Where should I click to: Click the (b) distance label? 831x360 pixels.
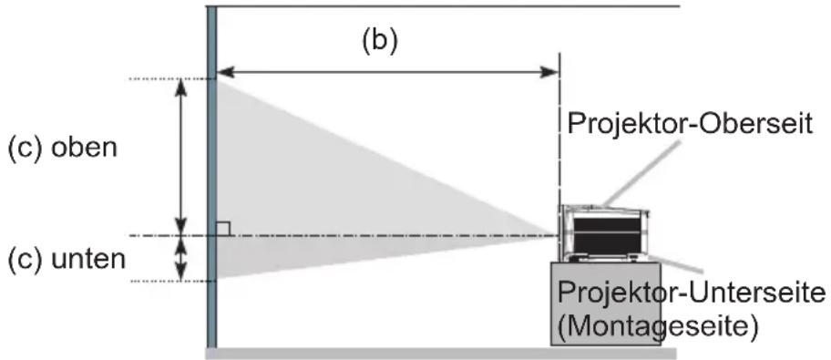[x=379, y=42]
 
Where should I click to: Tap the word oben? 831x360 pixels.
[x=84, y=148]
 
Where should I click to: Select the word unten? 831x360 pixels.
[x=88, y=260]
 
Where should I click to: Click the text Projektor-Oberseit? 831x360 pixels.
[x=690, y=124]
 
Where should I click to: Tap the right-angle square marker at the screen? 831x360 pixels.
[x=223, y=229]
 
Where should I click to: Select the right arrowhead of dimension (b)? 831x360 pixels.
[x=549, y=73]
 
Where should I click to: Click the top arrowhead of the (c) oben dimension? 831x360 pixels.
[x=181, y=88]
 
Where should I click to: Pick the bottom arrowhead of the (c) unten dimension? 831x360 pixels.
[x=181, y=272]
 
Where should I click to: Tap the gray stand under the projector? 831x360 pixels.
[x=606, y=303]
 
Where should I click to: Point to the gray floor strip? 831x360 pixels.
[x=441, y=353]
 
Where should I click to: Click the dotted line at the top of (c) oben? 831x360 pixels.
[x=171, y=79]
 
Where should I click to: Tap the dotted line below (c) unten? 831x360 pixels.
[x=171, y=281]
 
